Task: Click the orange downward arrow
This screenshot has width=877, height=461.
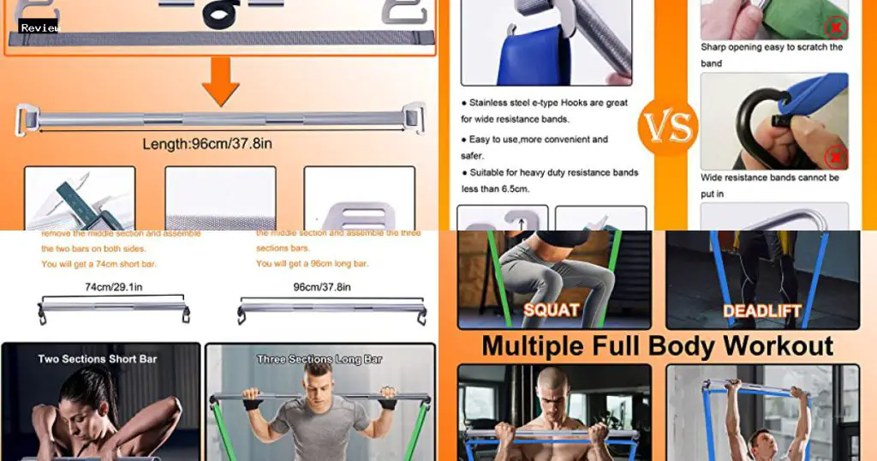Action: click(220, 81)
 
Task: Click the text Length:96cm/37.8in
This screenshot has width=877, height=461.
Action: click(207, 144)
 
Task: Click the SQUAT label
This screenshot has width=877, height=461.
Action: click(551, 309)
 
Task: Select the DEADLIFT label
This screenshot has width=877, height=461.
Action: click(761, 310)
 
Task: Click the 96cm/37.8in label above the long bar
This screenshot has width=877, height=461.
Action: click(321, 287)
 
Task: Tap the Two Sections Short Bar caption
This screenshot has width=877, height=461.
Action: click(98, 358)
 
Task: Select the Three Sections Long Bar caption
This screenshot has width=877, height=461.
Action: click(319, 359)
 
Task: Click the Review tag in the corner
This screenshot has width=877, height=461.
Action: click(39, 28)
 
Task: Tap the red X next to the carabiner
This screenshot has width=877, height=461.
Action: click(835, 158)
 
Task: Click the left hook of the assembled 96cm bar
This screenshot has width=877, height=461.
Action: click(27, 117)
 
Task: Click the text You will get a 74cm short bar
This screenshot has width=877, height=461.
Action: click(98, 264)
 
